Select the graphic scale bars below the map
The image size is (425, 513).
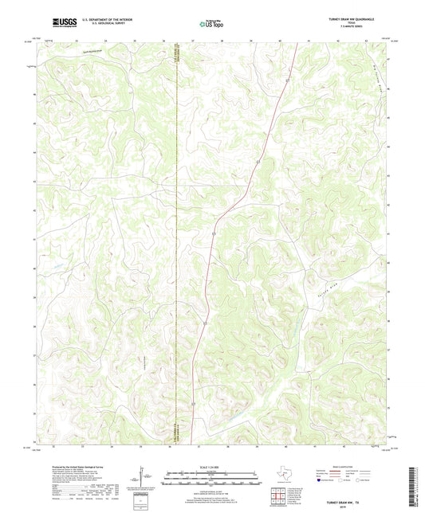211,480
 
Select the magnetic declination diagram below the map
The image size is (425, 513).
145,478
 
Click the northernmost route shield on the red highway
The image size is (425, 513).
286,80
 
